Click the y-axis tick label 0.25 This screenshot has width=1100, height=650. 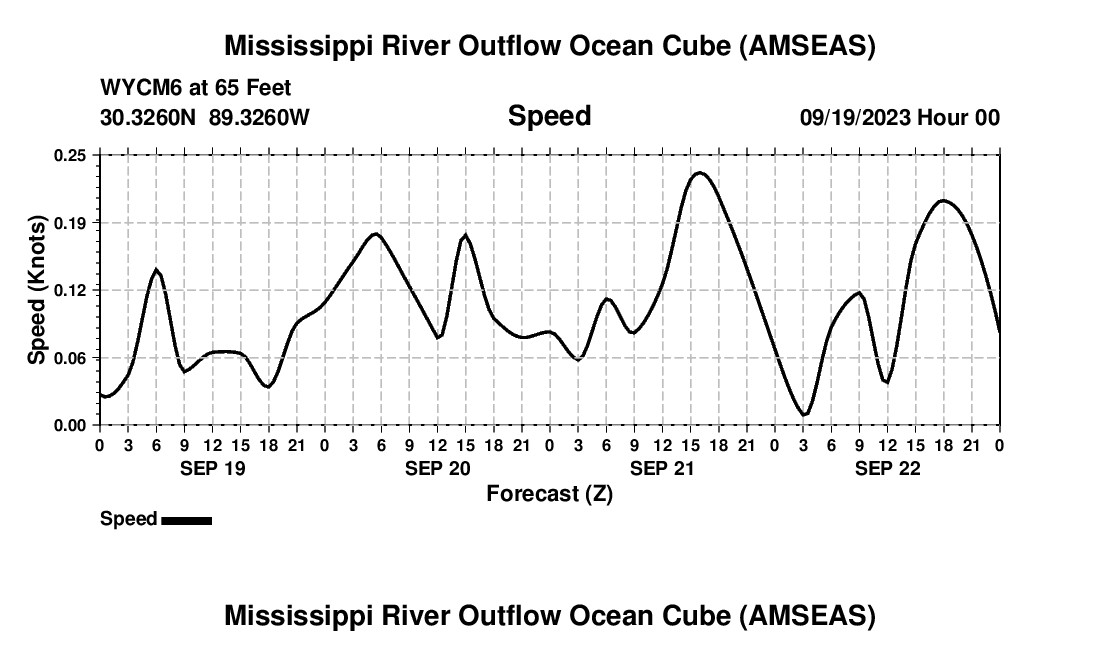[x=71, y=155]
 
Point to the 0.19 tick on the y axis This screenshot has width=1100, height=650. [x=71, y=222]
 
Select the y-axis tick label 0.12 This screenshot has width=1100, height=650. [x=71, y=290]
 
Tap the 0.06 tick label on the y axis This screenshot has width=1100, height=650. [x=71, y=357]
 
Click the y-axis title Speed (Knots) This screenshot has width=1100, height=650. [x=37, y=290]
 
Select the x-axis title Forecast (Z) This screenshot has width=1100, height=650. [x=549, y=493]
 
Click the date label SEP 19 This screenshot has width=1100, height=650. [x=212, y=468]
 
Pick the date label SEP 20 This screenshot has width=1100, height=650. [x=437, y=468]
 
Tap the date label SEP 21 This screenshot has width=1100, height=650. [x=662, y=468]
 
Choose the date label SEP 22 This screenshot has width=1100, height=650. [x=887, y=468]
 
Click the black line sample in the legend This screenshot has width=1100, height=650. [x=186, y=520]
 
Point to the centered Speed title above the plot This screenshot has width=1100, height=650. [x=549, y=116]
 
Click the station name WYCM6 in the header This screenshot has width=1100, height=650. [x=136, y=89]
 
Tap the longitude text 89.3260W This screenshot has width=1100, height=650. [x=260, y=118]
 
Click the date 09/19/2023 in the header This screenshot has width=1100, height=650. [x=855, y=118]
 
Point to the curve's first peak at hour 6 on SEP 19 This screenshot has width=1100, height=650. [x=156, y=269]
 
